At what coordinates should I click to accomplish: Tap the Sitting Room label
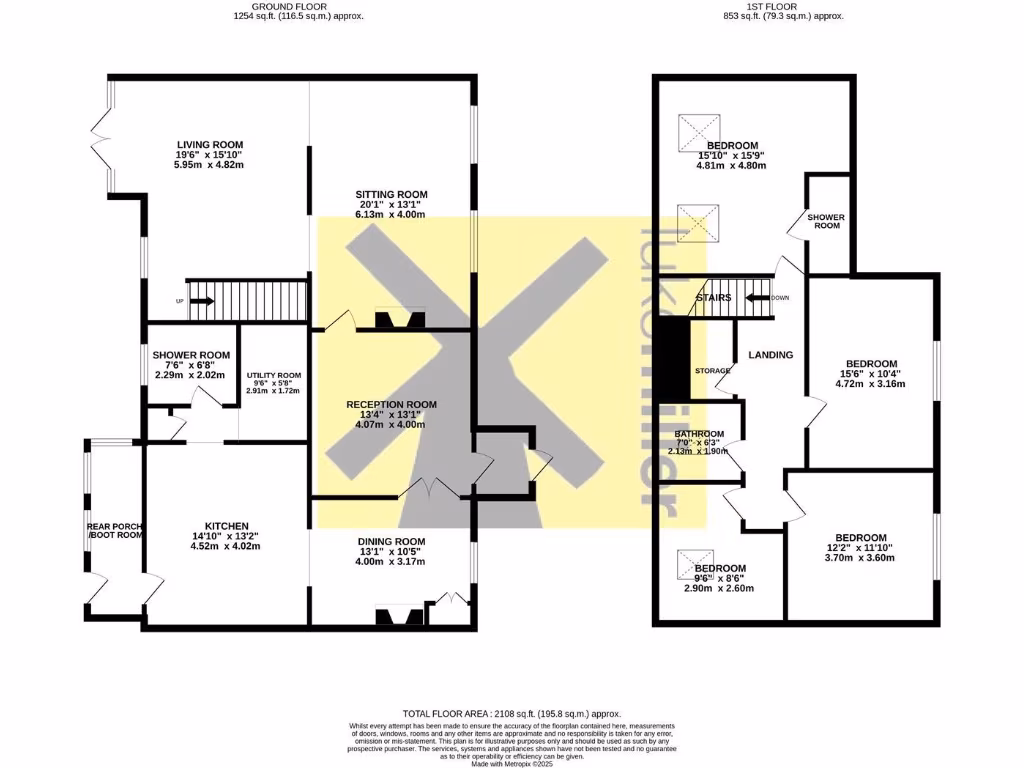tap(391, 194)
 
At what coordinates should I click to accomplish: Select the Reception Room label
tap(391, 404)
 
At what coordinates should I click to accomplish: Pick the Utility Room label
tap(273, 374)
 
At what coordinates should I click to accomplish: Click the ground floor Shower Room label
tap(191, 355)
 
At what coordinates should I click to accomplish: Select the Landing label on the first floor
tap(771, 355)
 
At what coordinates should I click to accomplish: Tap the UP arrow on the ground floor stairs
tap(200, 300)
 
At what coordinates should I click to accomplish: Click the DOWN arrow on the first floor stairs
tap(756, 297)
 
